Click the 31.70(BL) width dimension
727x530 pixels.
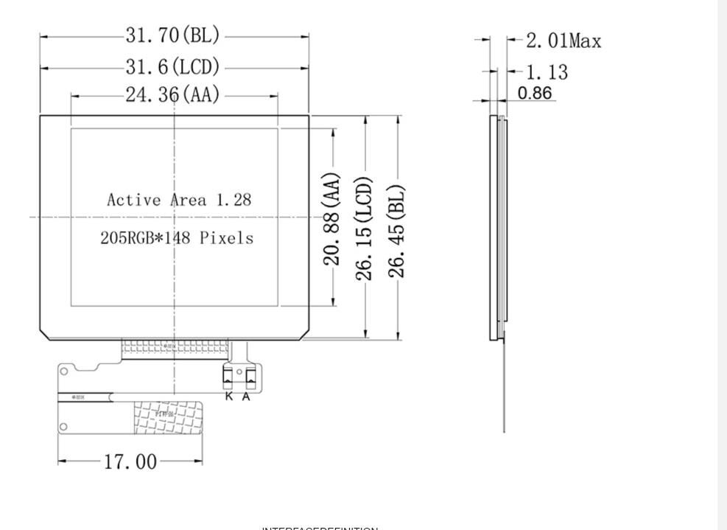(x=173, y=35)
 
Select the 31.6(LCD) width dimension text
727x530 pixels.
(x=173, y=68)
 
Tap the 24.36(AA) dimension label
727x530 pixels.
(x=173, y=95)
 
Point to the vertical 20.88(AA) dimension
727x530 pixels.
(x=333, y=218)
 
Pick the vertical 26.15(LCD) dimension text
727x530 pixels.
(x=365, y=228)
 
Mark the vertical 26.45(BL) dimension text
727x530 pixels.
(x=398, y=230)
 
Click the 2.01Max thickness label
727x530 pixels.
(x=563, y=41)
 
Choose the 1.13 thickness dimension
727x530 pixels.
(x=547, y=72)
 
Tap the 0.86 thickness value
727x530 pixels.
(x=535, y=93)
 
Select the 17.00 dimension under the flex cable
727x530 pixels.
(x=130, y=462)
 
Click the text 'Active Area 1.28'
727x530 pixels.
(x=179, y=200)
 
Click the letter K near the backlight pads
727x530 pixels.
(x=229, y=397)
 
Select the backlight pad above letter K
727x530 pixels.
(x=228, y=378)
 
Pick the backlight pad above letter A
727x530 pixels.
(x=250, y=378)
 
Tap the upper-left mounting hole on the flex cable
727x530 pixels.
(x=64, y=371)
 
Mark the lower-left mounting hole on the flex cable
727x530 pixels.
(x=64, y=426)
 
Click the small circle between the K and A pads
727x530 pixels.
(x=239, y=370)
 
